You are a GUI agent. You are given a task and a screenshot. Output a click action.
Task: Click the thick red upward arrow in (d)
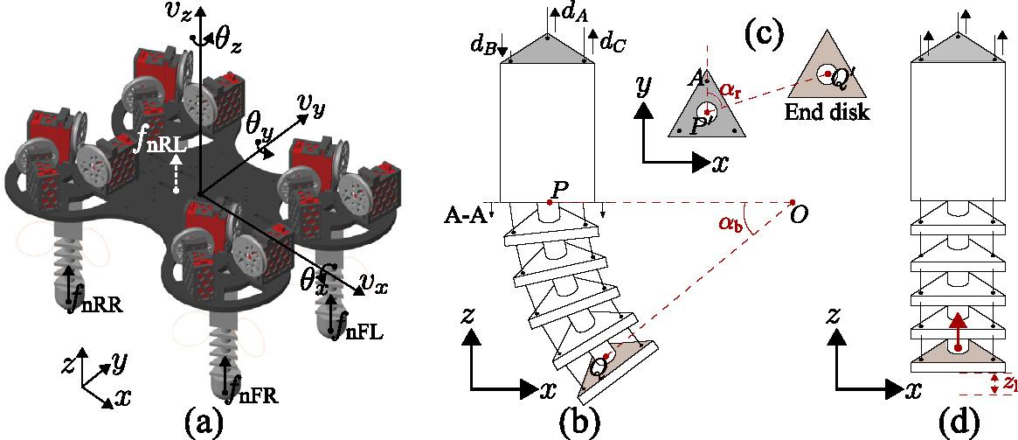tap(959, 331)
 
